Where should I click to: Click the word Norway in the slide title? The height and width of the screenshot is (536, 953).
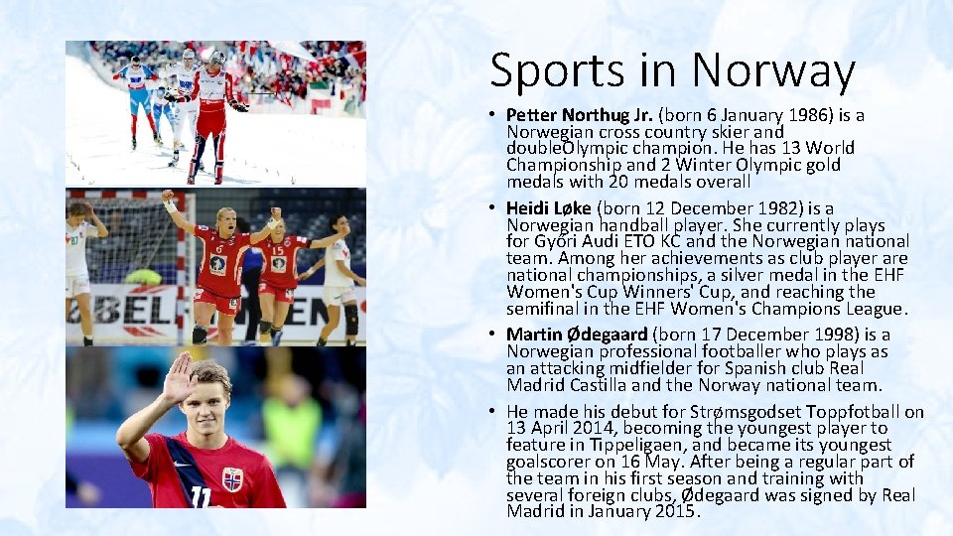pos(773,70)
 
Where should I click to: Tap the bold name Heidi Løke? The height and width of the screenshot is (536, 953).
pos(548,207)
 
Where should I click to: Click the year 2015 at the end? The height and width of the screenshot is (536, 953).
pos(675,512)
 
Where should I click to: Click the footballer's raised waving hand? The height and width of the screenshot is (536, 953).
pos(179,377)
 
